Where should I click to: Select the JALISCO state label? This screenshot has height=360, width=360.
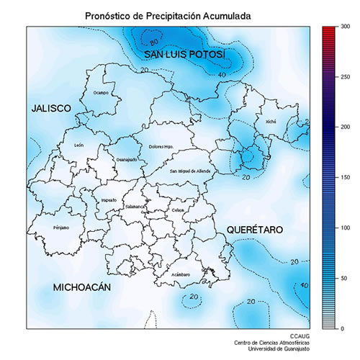[51, 108]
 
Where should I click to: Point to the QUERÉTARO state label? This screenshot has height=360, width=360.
[255, 229]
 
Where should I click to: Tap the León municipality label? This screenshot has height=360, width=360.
[78, 145]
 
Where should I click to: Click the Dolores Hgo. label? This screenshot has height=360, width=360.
[162, 147]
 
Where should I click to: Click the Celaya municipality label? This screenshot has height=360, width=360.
[179, 209]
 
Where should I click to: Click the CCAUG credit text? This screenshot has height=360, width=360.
[300, 336]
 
